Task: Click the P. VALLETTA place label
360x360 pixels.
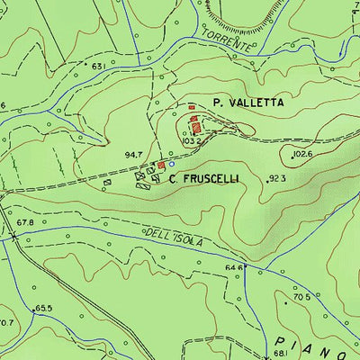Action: [x=248, y=103]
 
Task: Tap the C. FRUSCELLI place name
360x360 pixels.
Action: [x=204, y=179]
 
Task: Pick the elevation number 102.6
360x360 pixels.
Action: [x=302, y=155]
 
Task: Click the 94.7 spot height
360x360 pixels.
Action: [x=134, y=156]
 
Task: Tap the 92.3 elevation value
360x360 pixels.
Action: [x=277, y=179]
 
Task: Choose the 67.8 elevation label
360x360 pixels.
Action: [x=24, y=221]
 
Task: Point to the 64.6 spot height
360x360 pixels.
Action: [x=234, y=267]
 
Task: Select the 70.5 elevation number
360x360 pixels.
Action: [x=301, y=297]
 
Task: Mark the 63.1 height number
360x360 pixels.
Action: [x=98, y=66]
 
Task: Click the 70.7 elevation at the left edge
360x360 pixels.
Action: [x=6, y=322]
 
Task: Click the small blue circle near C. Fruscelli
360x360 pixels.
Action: [x=172, y=164]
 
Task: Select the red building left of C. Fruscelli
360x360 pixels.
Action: [x=162, y=166]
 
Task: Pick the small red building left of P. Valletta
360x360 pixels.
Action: [x=191, y=107]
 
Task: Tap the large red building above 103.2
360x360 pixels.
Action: [x=196, y=127]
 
